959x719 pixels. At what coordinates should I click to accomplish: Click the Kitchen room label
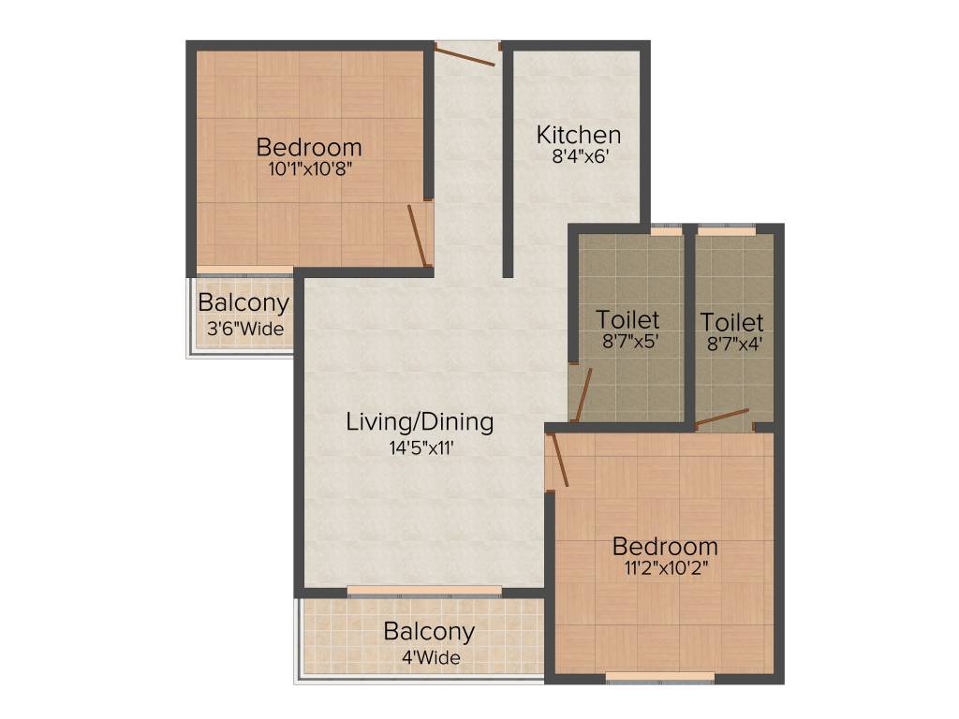pos(578,135)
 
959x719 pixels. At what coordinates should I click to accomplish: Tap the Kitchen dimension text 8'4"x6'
pos(581,157)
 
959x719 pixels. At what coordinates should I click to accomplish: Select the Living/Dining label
pos(420,422)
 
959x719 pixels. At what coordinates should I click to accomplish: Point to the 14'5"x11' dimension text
pos(421,448)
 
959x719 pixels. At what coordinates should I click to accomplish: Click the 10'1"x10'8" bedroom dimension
pos(309,169)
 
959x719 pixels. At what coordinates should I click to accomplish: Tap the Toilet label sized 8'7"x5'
pos(628,320)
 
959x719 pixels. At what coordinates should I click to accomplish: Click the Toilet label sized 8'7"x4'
pos(731,323)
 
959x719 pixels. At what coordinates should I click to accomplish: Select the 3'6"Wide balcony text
pos(245,329)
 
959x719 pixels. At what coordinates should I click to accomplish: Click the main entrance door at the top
pos(465,54)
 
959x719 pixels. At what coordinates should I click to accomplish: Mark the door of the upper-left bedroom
pos(418,236)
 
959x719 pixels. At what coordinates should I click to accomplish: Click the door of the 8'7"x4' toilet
pos(722,418)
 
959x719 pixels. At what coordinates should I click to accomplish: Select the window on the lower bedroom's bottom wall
pos(660,677)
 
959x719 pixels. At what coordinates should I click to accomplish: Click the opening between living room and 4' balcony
pos(423,592)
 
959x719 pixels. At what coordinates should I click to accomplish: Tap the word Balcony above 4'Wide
pos(429,632)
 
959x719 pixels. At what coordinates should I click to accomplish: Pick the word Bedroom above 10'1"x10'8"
pos(309,147)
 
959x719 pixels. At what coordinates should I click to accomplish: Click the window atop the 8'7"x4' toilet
pos(727,228)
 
